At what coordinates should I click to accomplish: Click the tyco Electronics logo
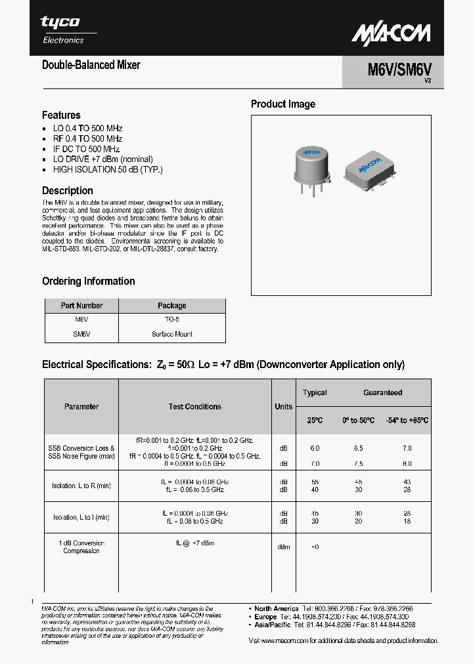coord(62,30)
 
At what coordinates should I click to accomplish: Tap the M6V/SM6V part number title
coord(392,69)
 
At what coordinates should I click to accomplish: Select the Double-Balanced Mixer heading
coord(91,65)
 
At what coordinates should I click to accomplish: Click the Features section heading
coord(61,115)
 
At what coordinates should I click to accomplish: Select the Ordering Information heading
coord(88,281)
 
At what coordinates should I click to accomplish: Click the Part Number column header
coord(81,306)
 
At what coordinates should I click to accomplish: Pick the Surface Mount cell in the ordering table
coord(171,334)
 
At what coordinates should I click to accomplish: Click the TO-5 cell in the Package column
coord(171,320)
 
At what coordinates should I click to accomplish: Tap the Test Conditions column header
coord(195,407)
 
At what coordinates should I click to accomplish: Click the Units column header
coord(284,407)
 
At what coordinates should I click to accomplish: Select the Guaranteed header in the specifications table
coord(382,392)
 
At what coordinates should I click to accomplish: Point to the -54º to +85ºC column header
coord(407,420)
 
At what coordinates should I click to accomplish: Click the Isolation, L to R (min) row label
coord(81,486)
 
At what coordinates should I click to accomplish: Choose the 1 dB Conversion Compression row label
coord(81,547)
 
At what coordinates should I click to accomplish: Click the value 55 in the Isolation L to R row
coord(315,482)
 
